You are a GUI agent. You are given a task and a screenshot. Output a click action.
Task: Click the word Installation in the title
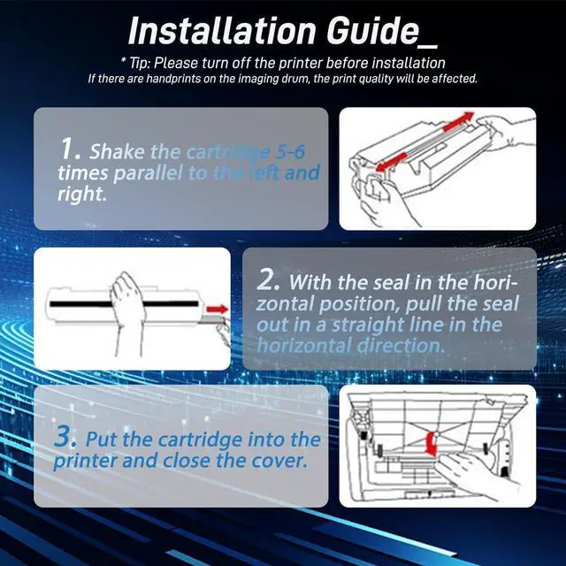coord(222,31)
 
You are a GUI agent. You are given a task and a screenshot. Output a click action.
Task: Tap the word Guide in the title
coord(373,31)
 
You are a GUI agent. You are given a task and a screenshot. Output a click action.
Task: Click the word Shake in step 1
coord(117,151)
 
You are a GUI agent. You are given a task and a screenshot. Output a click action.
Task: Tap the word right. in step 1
coord(82,194)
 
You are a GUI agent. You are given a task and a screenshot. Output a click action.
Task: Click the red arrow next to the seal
coord(217,309)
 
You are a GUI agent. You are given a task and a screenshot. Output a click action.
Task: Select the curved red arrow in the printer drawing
coord(431,442)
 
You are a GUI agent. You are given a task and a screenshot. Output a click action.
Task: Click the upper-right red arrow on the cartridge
coord(458,121)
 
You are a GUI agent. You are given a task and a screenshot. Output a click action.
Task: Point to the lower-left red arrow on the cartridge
coord(391,163)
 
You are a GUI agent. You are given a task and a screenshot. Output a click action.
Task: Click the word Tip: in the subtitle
coord(139,63)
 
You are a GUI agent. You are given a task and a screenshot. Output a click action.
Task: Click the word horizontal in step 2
coord(304,346)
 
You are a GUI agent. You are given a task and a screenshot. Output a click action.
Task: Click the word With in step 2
coord(310,282)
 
